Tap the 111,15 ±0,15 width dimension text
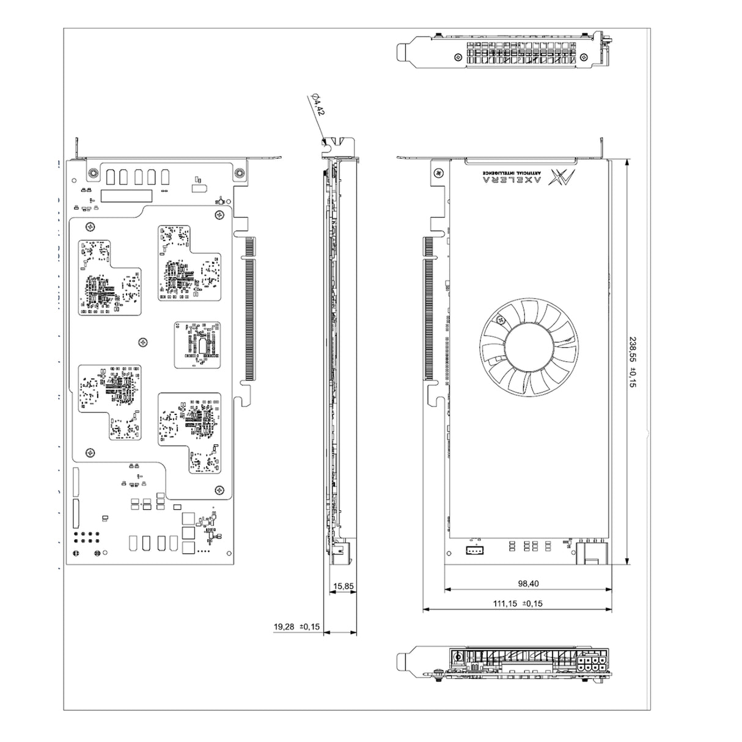tap(517, 603)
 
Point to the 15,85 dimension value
tap(343, 586)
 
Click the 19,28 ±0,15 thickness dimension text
tap(296, 626)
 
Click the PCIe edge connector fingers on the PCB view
tap(249, 308)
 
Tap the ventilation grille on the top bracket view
tap(524, 53)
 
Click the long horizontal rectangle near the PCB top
tap(127, 196)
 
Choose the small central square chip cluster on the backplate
tap(197, 345)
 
